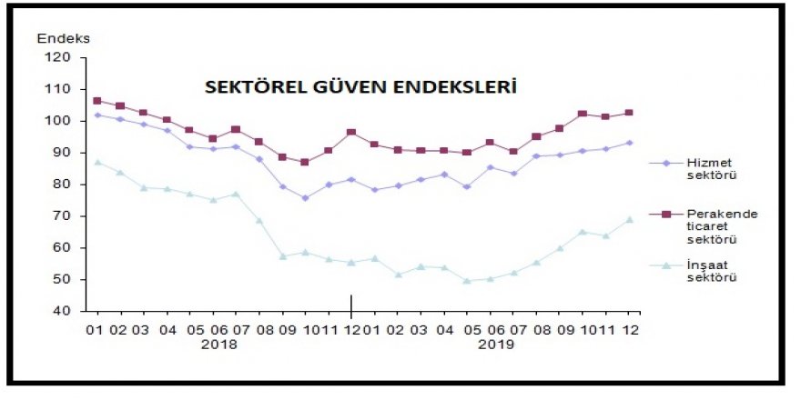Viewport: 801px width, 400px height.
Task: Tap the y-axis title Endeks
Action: tap(64, 38)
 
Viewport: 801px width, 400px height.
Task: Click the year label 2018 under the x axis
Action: tap(218, 345)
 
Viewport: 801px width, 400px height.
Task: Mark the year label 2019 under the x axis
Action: tap(496, 345)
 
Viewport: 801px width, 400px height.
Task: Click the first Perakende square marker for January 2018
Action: tap(97, 101)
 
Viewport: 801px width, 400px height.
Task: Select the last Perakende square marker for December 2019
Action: tap(629, 113)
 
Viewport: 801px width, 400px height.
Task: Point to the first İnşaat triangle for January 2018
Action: tap(97, 162)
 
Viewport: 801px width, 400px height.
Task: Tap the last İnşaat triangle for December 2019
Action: tap(629, 219)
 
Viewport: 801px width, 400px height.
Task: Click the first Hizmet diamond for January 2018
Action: tap(97, 115)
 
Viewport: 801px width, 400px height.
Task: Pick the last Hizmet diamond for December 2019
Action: tap(629, 143)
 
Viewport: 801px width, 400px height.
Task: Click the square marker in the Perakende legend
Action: tap(665, 215)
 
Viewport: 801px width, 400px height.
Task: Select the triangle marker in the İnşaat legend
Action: tap(665, 265)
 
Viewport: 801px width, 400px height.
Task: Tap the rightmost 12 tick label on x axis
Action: tap(629, 328)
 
